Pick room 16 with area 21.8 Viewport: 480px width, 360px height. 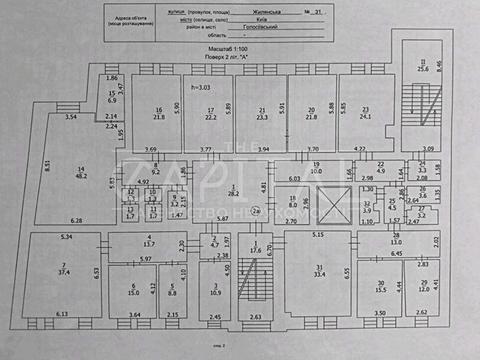159,113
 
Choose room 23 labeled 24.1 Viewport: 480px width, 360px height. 366,113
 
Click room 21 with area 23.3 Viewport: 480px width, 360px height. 262,113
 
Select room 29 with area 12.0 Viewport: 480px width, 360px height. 423,284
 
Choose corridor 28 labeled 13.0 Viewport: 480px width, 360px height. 397,241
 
